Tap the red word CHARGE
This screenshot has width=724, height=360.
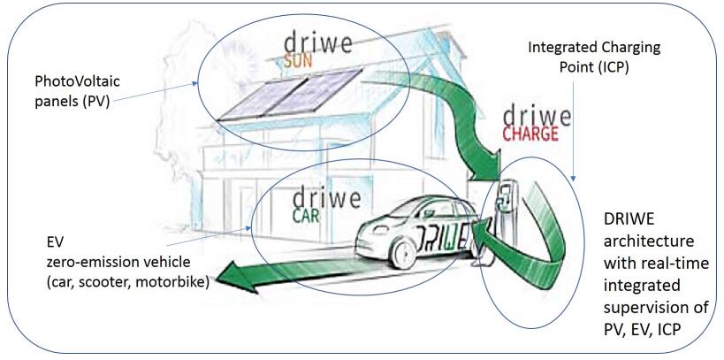(x=529, y=134)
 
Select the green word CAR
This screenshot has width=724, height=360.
(x=308, y=215)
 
